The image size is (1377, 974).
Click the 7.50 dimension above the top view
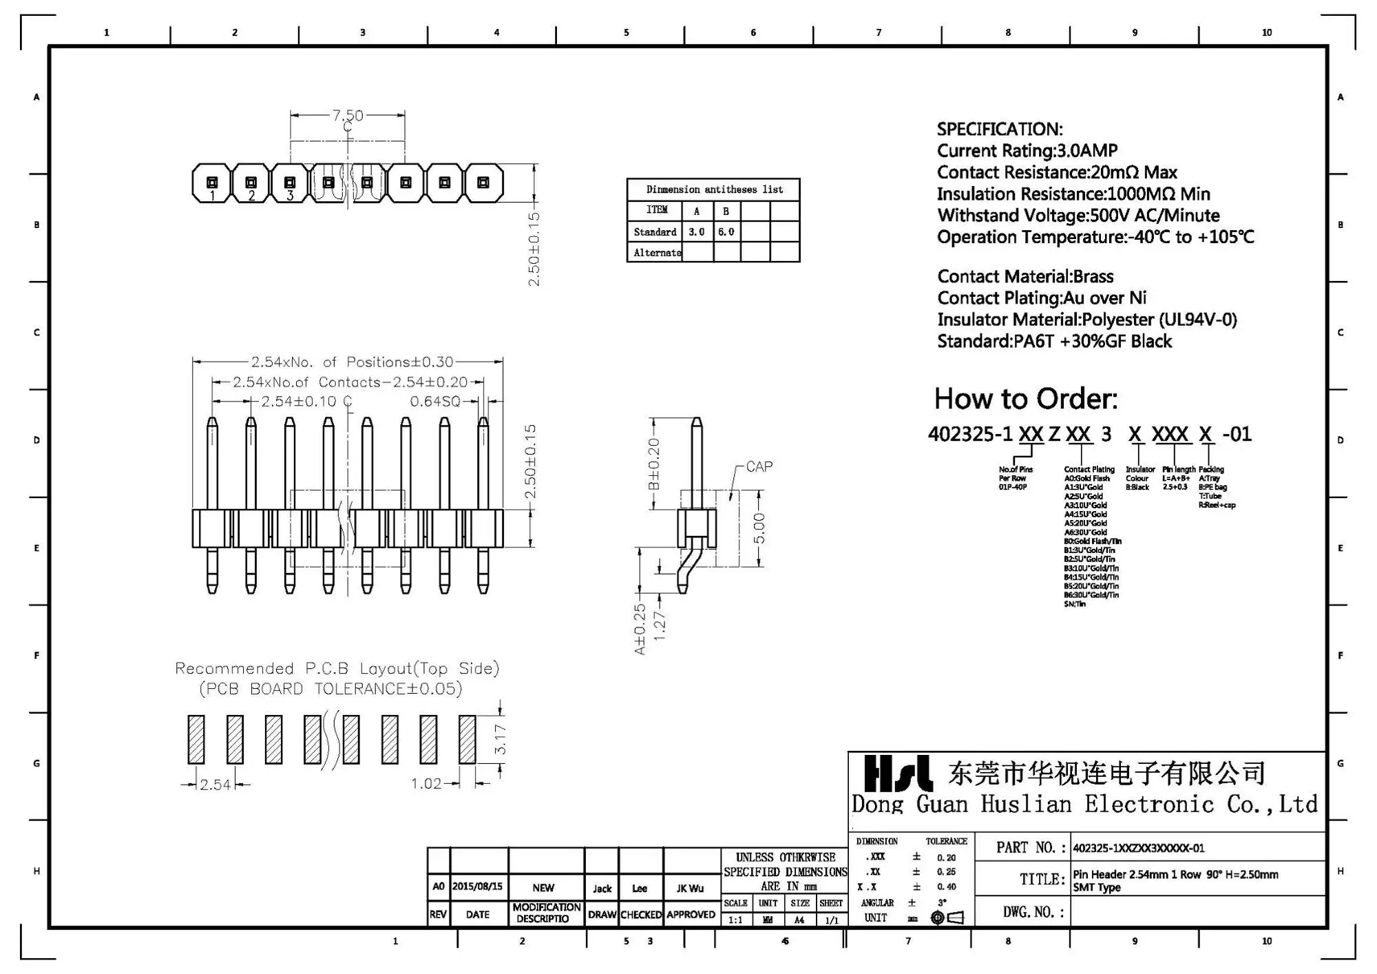tap(348, 115)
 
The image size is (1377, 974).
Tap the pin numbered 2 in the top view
tap(251, 183)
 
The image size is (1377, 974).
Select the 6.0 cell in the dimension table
tap(726, 232)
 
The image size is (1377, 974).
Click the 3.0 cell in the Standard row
tap(697, 232)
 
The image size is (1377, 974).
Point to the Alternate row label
tap(656, 253)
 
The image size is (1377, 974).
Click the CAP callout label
tap(759, 466)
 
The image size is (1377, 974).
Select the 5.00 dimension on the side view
tap(759, 528)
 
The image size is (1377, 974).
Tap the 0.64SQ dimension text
tap(435, 402)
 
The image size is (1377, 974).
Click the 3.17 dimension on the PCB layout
tap(501, 739)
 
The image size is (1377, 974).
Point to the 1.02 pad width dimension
tap(426, 784)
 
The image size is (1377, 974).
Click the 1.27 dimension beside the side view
tap(659, 625)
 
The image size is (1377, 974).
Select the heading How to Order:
tap(1025, 399)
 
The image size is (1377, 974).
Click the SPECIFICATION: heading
tap(999, 129)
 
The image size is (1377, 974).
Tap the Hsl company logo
tap(898, 773)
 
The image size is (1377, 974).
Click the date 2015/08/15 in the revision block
tap(478, 887)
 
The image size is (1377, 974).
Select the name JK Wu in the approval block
tap(690, 888)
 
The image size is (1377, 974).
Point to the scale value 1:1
tap(735, 920)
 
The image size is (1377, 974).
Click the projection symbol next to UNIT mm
tap(947, 918)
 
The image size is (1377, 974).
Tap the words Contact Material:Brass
tap(1025, 276)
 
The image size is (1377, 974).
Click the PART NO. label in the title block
tap(1031, 847)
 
